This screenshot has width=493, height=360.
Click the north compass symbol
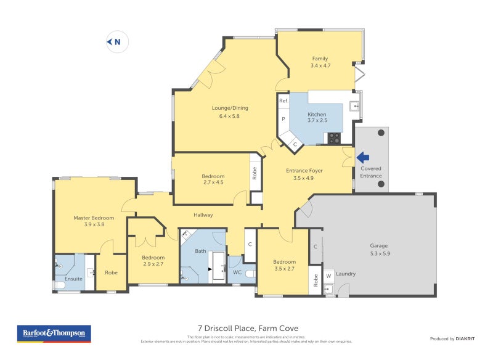click(116, 42)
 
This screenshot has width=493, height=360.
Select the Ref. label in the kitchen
click(283, 100)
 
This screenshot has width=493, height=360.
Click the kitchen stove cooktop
click(333, 139)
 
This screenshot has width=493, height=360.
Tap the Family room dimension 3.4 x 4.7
click(320, 65)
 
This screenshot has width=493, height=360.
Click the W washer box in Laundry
click(328, 276)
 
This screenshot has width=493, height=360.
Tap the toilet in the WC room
click(250, 274)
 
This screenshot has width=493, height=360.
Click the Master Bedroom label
click(94, 218)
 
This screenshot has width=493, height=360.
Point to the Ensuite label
click(73, 279)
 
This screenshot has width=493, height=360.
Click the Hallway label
click(203, 215)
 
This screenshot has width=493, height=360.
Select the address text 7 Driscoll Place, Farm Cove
click(248, 328)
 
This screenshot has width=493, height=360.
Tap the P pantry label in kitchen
click(283, 118)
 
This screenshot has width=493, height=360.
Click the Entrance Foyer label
click(304, 170)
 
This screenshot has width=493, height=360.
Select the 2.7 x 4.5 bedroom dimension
click(213, 182)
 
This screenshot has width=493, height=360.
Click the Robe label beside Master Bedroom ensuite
click(111, 272)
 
